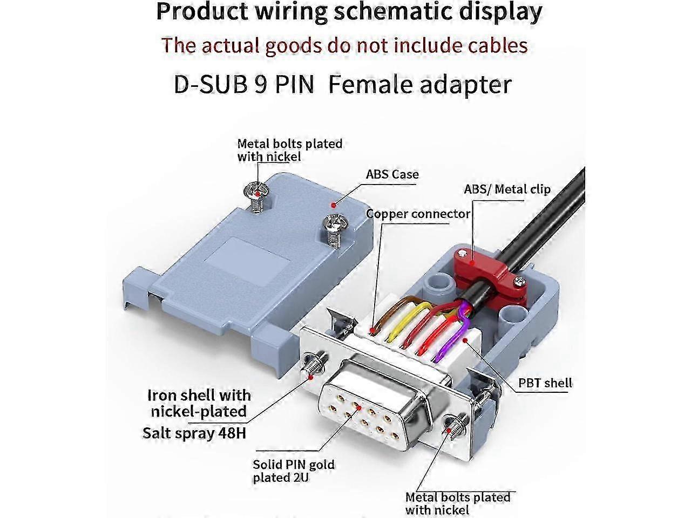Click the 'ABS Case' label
[x=392, y=174]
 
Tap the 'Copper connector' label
[x=418, y=214]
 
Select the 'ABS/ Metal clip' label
[x=507, y=189]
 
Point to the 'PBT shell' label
[x=545, y=383]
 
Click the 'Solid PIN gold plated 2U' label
[x=294, y=471]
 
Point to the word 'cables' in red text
[x=491, y=45]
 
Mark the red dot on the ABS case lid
[x=334, y=205]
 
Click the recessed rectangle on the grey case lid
[x=250, y=257]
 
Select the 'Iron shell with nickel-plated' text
[x=199, y=403]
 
